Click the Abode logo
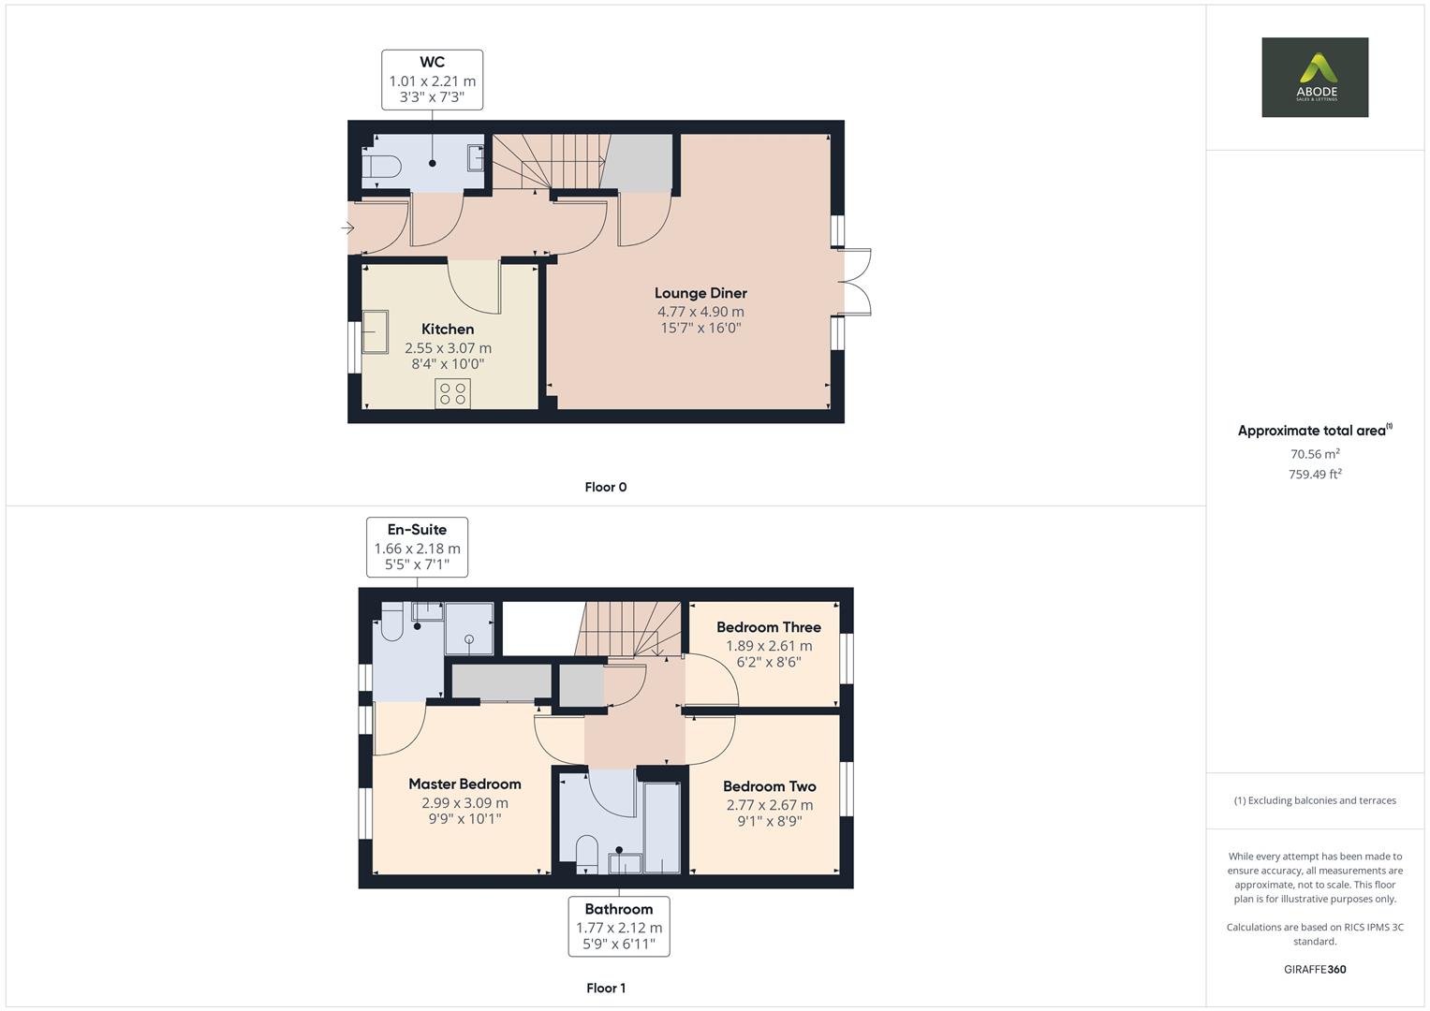point(1314,77)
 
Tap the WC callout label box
point(432,81)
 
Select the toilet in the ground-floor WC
point(383,166)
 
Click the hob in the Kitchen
point(452,393)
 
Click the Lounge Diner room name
point(700,293)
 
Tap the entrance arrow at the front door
point(347,227)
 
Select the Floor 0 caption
point(605,487)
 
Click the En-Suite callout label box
point(417,547)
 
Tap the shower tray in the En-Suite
point(468,629)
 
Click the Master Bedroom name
point(464,784)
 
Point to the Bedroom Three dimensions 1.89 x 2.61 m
point(769,646)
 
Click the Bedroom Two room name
point(769,786)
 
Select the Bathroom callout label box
point(618,926)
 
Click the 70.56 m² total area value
point(1314,454)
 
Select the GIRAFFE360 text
point(1314,969)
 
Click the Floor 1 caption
point(605,988)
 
